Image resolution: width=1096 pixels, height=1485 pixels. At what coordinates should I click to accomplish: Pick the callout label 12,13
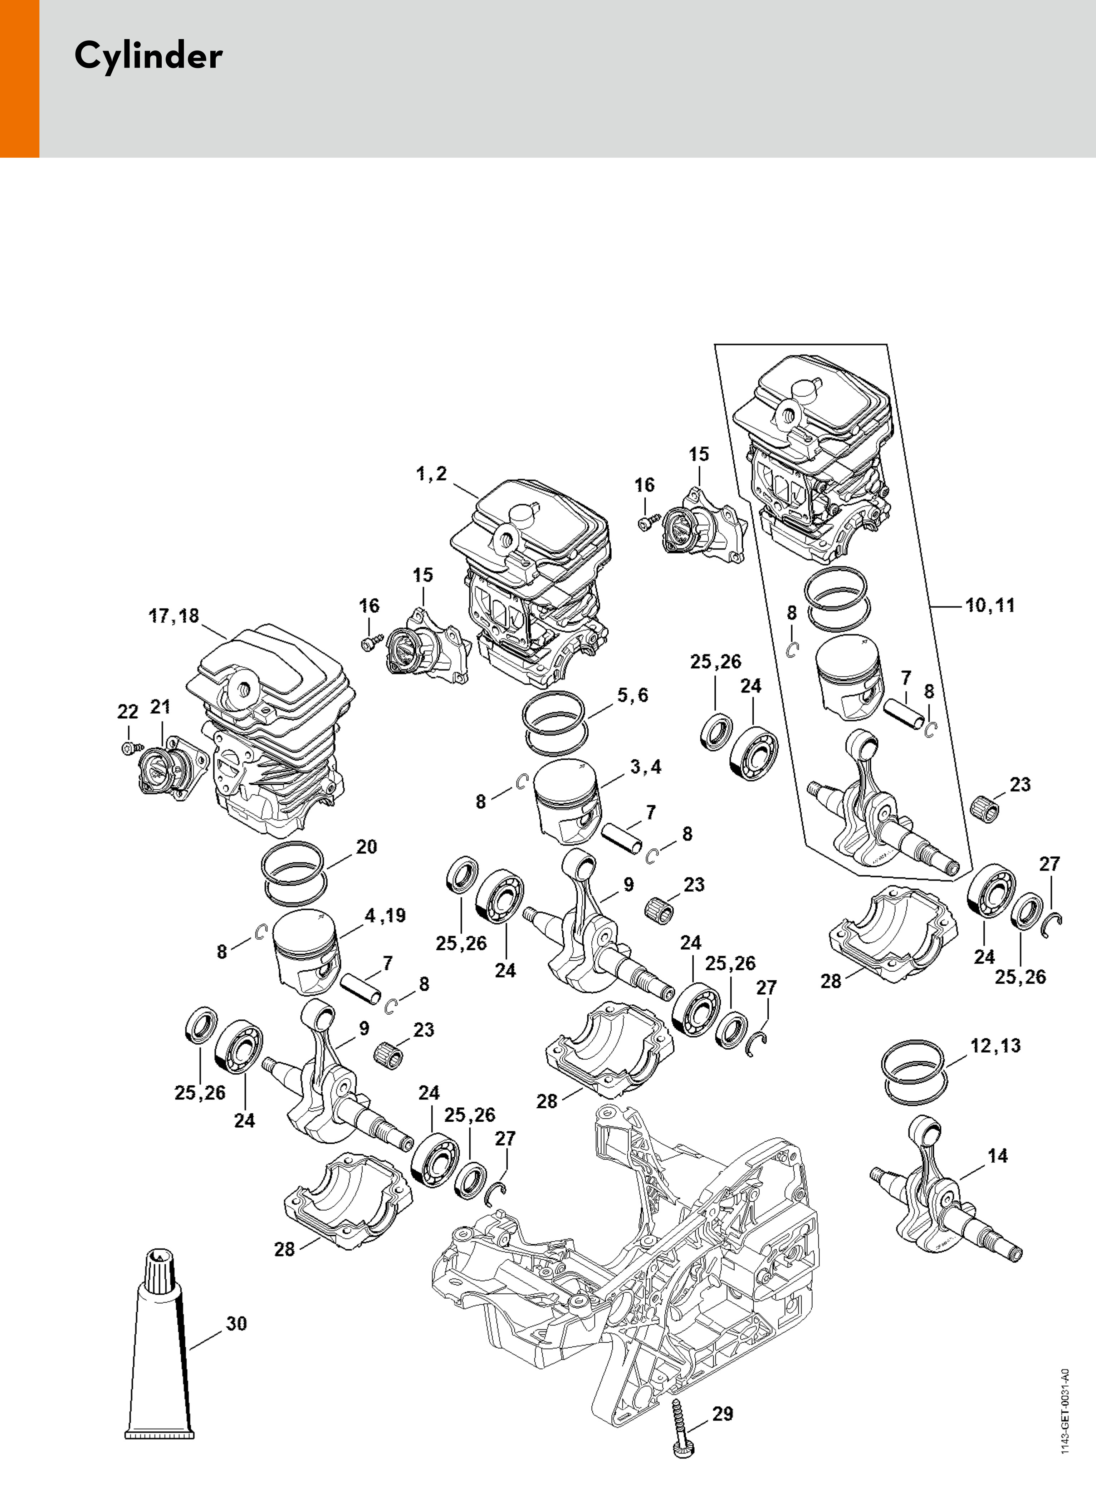point(995,1045)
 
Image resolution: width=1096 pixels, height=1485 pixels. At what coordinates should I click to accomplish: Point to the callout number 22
point(128,712)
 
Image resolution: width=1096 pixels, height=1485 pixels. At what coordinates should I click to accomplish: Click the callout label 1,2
point(431,474)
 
